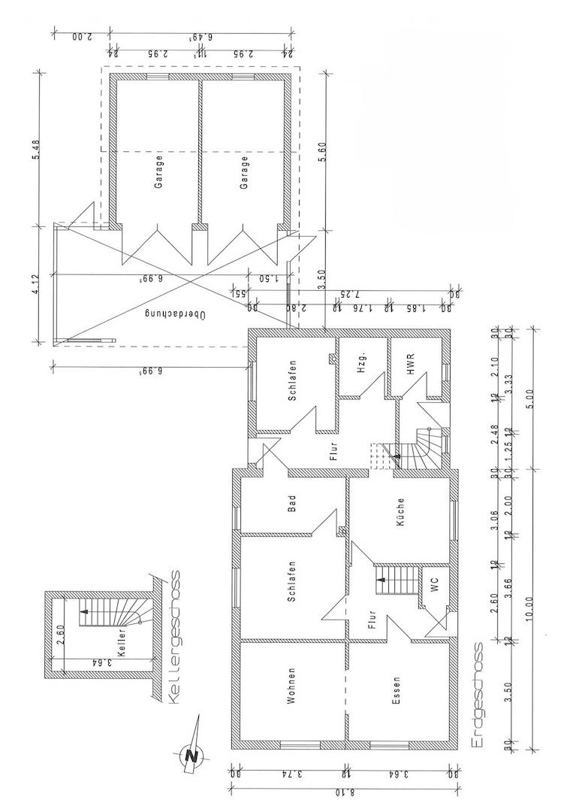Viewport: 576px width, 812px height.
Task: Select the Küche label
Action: click(401, 511)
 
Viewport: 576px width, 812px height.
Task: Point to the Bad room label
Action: click(292, 501)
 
